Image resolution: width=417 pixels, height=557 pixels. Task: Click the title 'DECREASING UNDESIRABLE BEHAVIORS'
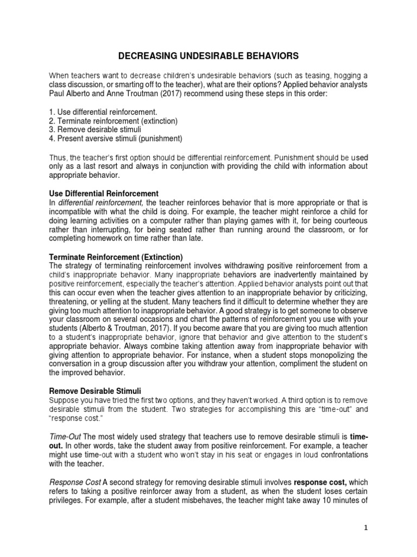208,55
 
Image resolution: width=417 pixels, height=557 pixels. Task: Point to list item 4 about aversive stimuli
115,138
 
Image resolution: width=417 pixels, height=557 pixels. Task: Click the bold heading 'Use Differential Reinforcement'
104,194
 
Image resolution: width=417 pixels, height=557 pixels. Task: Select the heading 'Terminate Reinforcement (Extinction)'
116,257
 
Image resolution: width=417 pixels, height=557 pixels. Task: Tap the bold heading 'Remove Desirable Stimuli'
95,391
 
